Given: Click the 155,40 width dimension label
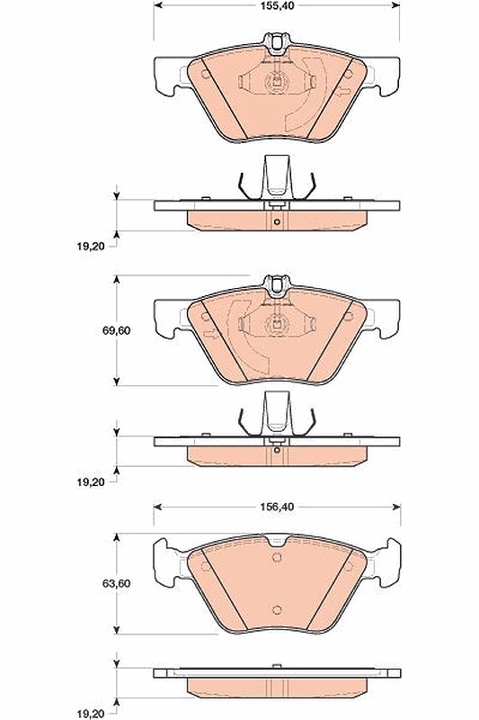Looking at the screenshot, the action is pos(277,6).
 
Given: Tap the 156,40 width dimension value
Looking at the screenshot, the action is pos(277,507).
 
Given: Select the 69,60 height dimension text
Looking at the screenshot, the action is pos(116,330).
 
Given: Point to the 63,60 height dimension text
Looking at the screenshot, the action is pos(116,583).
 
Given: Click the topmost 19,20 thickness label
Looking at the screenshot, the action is pos(90,246).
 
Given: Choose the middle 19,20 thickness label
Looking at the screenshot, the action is pos(90,482).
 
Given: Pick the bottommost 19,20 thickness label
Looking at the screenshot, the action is pos(90,714).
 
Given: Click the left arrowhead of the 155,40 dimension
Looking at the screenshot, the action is pos(157,5).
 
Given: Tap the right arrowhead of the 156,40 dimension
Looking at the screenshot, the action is pos(396,507).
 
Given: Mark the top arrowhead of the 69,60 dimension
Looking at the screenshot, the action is pos(117,280).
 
